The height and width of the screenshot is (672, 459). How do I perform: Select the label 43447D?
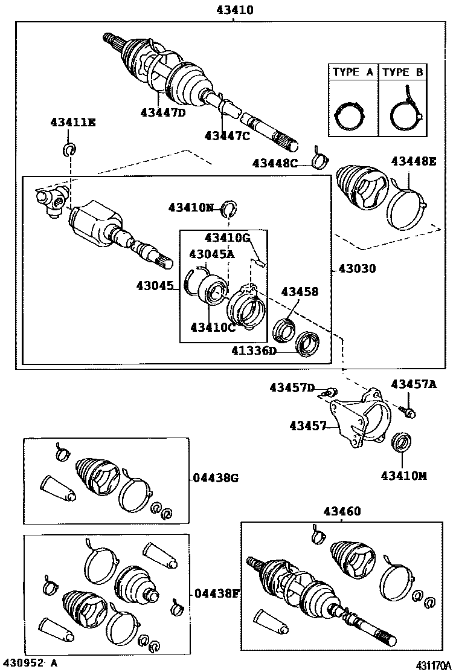tap(162, 112)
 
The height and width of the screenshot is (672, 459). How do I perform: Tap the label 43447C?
tap(226, 136)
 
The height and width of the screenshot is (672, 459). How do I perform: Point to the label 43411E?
tap(72, 123)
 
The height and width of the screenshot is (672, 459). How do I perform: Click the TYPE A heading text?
tap(353, 73)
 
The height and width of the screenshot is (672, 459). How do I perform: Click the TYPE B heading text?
tap(403, 73)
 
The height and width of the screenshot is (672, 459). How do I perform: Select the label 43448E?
tap(414, 161)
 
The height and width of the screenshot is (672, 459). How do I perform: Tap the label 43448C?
tap(275, 163)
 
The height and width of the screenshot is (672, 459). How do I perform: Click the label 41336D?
tap(254, 351)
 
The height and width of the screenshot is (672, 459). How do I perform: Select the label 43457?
tap(308, 426)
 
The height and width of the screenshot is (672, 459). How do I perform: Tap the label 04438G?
tap(216, 478)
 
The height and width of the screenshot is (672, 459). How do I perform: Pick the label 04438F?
tap(216, 593)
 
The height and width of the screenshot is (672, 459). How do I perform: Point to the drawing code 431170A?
tap(433, 665)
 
